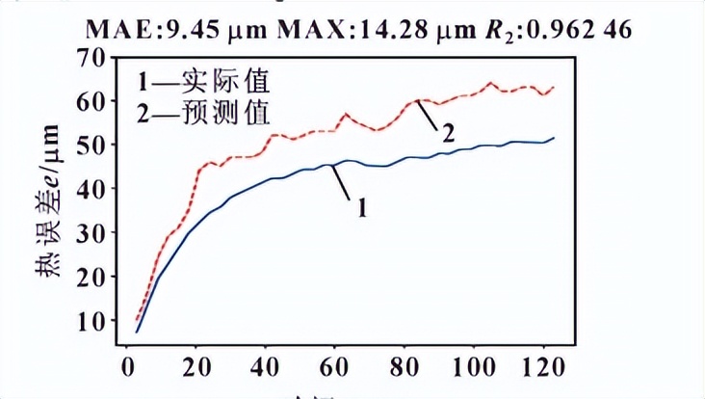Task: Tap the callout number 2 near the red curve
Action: (448, 134)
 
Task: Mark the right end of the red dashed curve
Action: (554, 88)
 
